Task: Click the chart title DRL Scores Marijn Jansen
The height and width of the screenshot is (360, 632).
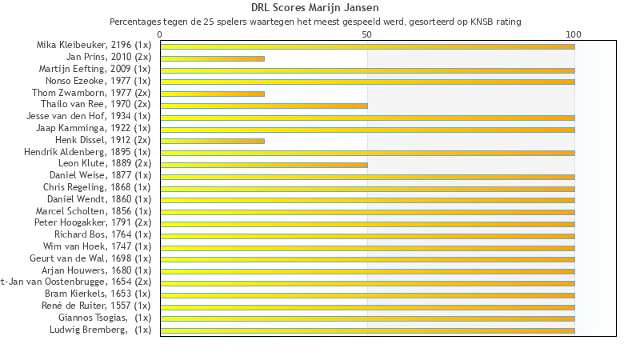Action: tap(314, 9)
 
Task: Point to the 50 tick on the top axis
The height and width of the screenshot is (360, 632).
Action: tap(367, 34)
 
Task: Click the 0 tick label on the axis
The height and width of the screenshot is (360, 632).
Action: tap(160, 34)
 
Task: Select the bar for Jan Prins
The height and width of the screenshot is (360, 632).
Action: tap(212, 58)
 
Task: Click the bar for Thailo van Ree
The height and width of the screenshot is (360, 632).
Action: tap(264, 106)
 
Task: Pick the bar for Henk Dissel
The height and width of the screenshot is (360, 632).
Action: tap(212, 141)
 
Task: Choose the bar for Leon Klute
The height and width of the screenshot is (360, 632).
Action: tap(264, 165)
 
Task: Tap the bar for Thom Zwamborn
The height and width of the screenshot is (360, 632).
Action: tap(212, 94)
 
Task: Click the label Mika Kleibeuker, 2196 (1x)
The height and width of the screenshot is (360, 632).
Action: tap(94, 46)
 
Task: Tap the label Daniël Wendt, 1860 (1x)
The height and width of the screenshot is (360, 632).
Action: tap(99, 199)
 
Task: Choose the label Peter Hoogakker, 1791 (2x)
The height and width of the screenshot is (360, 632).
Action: tap(93, 222)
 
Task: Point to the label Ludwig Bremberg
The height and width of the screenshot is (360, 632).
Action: tap(100, 330)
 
